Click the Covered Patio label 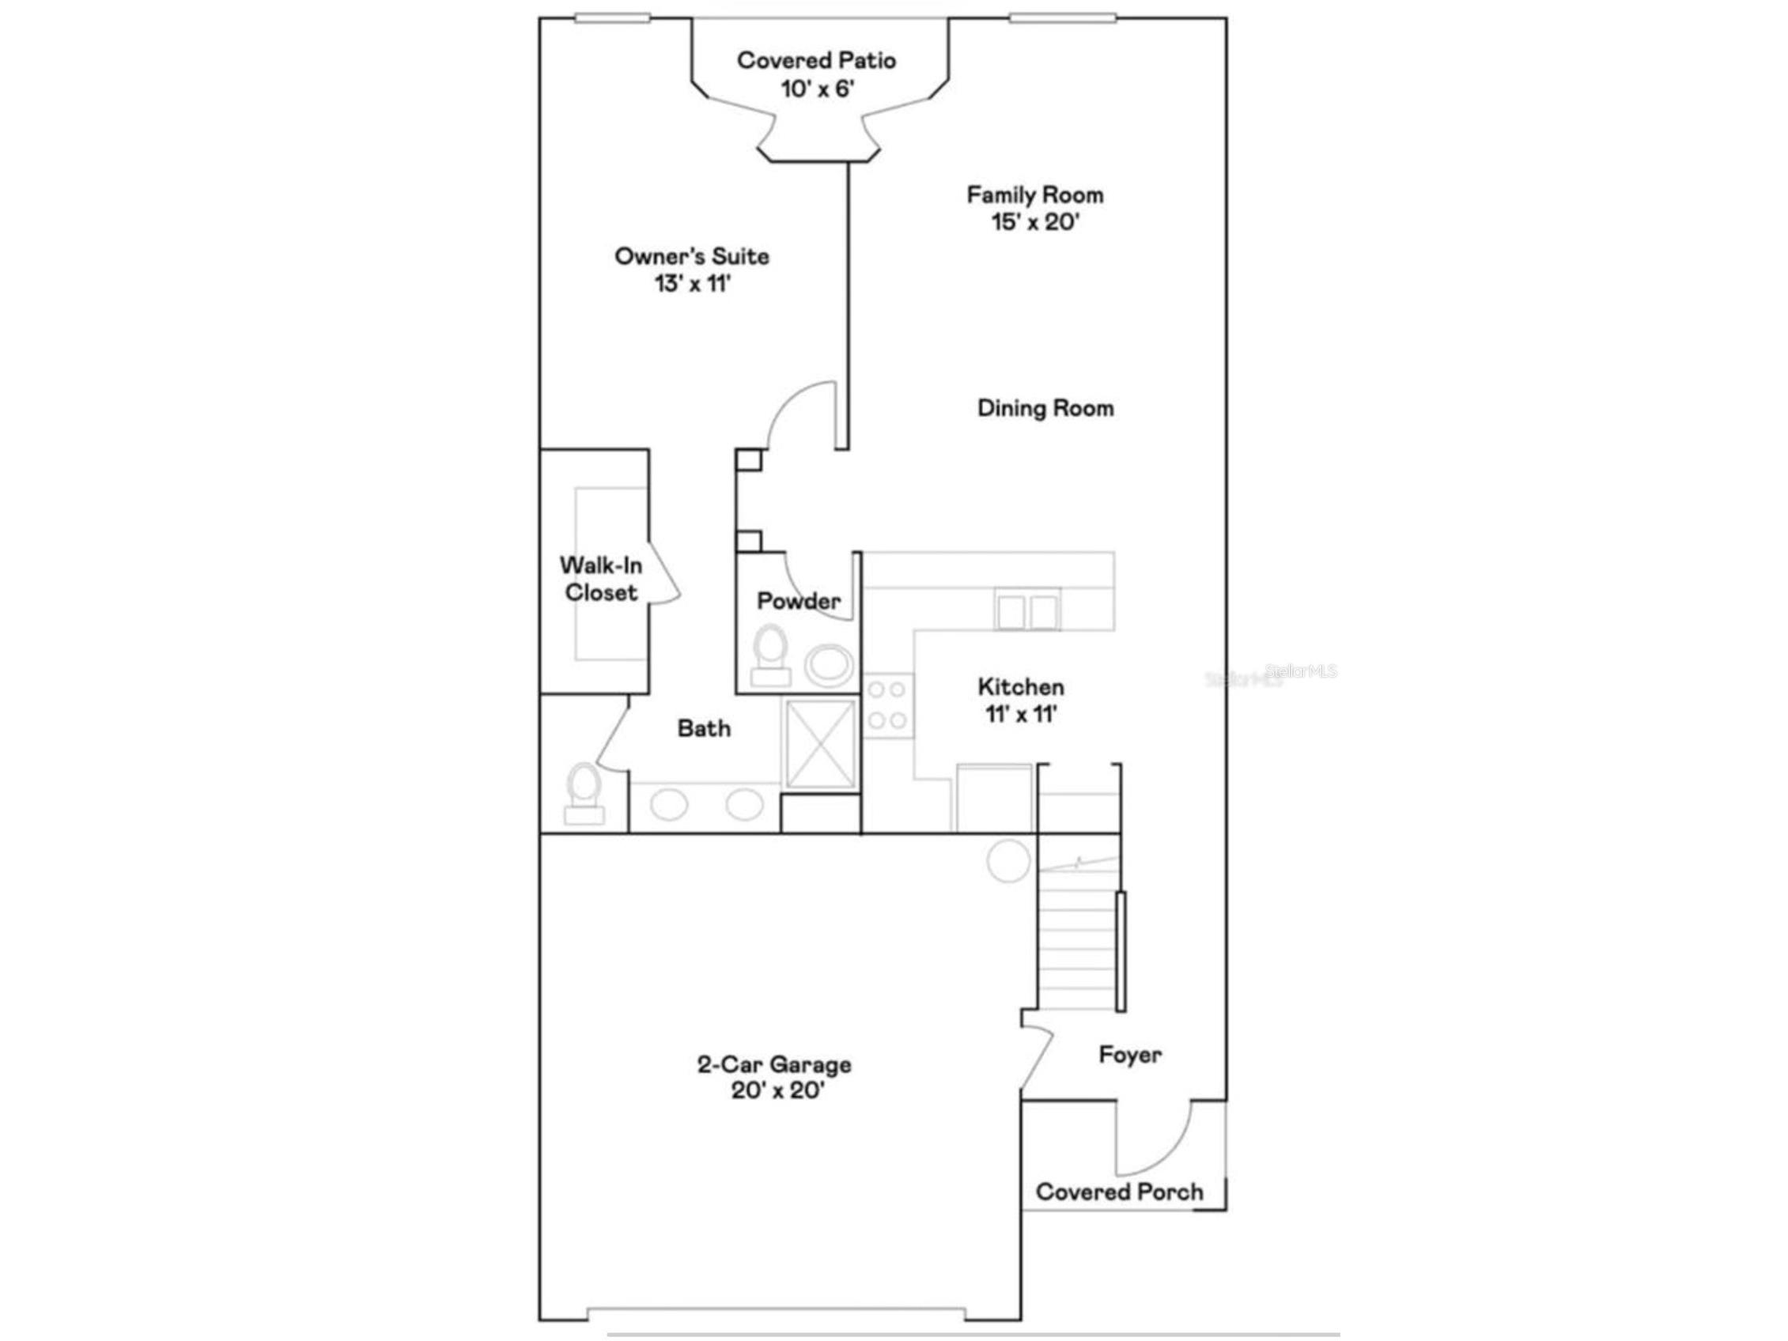tap(816, 61)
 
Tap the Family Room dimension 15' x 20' tap(1035, 221)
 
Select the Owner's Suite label tap(692, 257)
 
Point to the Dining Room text tap(1045, 408)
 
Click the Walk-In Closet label tap(600, 579)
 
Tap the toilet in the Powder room tap(770, 655)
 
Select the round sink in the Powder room tap(829, 665)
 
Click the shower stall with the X tap(820, 744)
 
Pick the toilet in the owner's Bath tap(584, 794)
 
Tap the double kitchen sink tap(1027, 610)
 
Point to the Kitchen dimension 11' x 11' tap(1022, 715)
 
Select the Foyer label tap(1130, 1055)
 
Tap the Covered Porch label tap(1120, 1192)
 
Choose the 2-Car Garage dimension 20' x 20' tap(777, 1090)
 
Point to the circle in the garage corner tap(1009, 859)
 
